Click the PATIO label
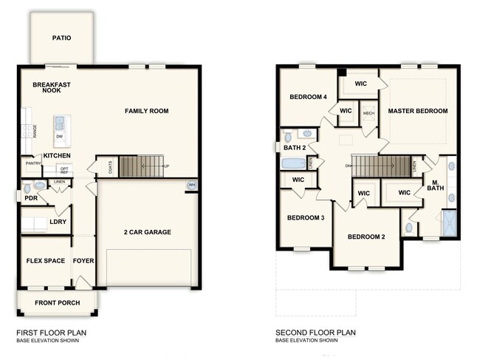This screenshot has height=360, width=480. click(61, 38)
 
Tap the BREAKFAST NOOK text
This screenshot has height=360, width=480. click(52, 88)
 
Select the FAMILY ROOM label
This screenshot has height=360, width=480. click(146, 111)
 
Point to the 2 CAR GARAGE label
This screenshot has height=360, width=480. click(147, 232)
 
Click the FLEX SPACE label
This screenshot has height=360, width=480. click(45, 261)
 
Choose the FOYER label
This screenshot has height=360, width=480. click(83, 261)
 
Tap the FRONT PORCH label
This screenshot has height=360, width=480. click(57, 302)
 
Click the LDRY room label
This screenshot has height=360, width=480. click(58, 222)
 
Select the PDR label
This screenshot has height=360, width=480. click(30, 198)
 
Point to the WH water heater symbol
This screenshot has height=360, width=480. click(192, 185)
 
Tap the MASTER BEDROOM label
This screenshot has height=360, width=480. click(418, 111)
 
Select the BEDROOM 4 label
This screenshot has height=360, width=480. click(308, 97)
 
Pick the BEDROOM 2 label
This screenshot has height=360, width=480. click(367, 237)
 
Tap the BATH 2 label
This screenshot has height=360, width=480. click(293, 148)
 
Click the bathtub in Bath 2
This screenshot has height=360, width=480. click(293, 163)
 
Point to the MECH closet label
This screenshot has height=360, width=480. click(368, 113)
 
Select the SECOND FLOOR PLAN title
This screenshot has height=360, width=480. click(315, 333)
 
